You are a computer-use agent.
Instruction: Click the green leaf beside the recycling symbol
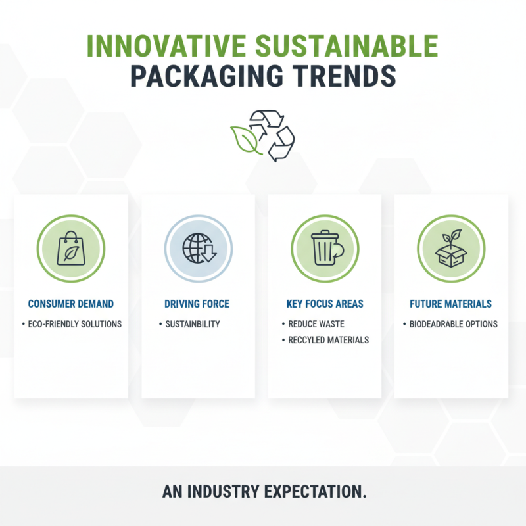click(244, 139)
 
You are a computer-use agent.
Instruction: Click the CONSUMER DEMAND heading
click(70, 304)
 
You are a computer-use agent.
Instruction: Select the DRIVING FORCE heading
click(197, 304)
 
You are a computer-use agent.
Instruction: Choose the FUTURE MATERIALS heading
click(450, 304)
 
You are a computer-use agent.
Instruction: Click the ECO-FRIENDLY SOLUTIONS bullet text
click(74, 324)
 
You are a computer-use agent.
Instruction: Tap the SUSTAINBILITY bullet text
click(192, 324)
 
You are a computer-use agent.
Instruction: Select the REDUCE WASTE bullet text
click(316, 324)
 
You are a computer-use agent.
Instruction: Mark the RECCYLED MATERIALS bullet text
click(329, 340)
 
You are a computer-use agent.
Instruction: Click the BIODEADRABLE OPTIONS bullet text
click(454, 324)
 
